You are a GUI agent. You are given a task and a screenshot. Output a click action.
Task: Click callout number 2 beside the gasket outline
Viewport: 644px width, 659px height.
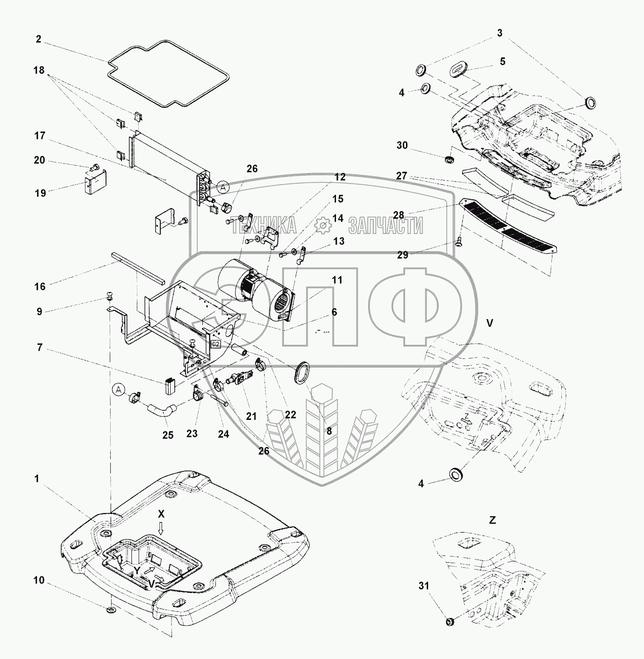pos(38,39)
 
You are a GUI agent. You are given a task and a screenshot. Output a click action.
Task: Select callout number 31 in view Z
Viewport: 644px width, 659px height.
pos(424,585)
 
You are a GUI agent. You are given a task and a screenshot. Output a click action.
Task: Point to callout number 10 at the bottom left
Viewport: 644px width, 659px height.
pos(39,580)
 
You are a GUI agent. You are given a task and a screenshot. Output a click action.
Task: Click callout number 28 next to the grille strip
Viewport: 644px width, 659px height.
pos(399,215)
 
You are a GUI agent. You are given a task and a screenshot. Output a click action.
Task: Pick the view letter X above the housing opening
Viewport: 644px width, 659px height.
pos(161,514)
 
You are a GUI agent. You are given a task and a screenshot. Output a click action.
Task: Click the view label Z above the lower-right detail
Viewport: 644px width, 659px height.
pos(492,520)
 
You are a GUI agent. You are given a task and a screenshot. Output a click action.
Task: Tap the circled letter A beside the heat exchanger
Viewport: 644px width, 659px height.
pos(223,187)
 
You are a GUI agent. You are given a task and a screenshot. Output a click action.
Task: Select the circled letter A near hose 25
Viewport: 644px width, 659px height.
pos(118,390)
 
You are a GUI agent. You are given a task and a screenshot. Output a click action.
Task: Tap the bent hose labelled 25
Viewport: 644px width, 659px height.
pos(161,410)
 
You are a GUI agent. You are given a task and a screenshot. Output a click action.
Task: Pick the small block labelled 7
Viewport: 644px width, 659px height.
pos(171,386)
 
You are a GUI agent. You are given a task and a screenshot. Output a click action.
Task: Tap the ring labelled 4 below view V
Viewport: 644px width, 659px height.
pos(457,474)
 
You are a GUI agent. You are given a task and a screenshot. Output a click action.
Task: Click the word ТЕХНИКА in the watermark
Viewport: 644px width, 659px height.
pos(264,225)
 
